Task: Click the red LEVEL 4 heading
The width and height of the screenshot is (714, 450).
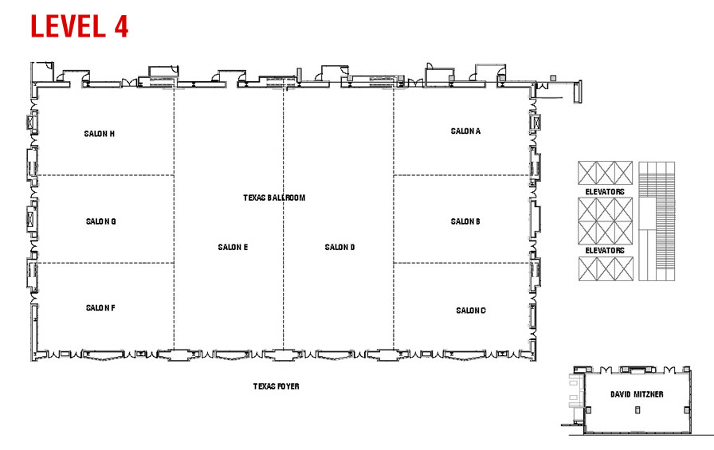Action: (x=79, y=26)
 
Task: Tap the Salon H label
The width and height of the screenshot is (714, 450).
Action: (x=100, y=134)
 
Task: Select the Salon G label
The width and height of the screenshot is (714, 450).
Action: (x=100, y=221)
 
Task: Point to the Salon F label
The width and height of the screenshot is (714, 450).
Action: (x=100, y=308)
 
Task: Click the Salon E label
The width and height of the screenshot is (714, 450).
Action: (x=233, y=247)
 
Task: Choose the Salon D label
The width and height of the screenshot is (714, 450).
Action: (x=339, y=247)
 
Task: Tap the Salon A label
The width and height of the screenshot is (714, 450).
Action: (x=465, y=131)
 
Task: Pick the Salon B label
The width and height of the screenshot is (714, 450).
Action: (x=465, y=221)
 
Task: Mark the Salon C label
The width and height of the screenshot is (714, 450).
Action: (x=471, y=311)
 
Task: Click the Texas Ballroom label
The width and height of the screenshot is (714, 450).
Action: (x=274, y=198)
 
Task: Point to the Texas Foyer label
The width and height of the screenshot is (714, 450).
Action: (x=276, y=386)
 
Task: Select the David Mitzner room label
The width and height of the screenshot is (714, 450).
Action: (x=637, y=394)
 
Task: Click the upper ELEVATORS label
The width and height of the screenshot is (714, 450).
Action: (x=605, y=192)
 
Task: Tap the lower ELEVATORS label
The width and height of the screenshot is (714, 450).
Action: (x=605, y=250)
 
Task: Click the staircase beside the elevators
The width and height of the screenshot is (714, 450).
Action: (x=657, y=221)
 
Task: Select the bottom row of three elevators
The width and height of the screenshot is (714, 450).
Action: (x=606, y=269)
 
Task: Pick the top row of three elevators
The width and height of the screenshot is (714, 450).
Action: (x=605, y=173)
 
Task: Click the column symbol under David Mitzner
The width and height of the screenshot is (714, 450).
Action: (x=637, y=410)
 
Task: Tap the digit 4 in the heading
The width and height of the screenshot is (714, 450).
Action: (x=121, y=26)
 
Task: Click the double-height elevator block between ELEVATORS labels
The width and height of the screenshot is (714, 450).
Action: (x=605, y=221)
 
